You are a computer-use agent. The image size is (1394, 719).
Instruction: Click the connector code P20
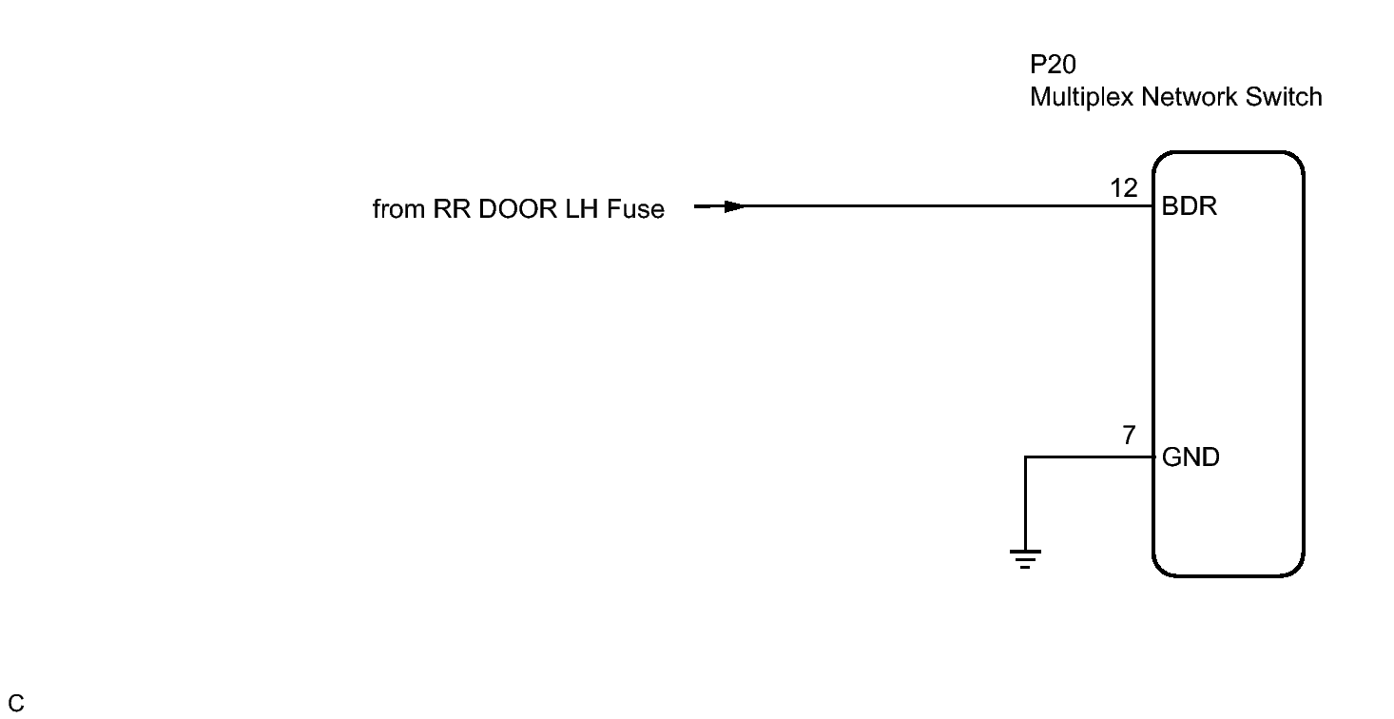[x=1053, y=66]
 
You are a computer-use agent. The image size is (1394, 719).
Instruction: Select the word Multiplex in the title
[x=1073, y=97]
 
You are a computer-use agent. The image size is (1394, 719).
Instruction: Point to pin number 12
[x=1124, y=189]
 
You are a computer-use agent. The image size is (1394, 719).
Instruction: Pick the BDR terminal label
[x=1190, y=206]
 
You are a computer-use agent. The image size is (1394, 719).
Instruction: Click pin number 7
[x=1129, y=437]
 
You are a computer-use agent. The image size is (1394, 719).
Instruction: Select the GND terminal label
[x=1191, y=458]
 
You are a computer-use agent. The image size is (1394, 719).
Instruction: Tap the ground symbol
[x=1025, y=558]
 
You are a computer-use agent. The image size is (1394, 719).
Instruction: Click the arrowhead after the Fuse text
[x=732, y=206]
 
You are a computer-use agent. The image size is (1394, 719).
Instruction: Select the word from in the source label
[x=398, y=210]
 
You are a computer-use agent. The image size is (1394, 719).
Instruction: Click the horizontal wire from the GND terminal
[x=1089, y=457]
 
